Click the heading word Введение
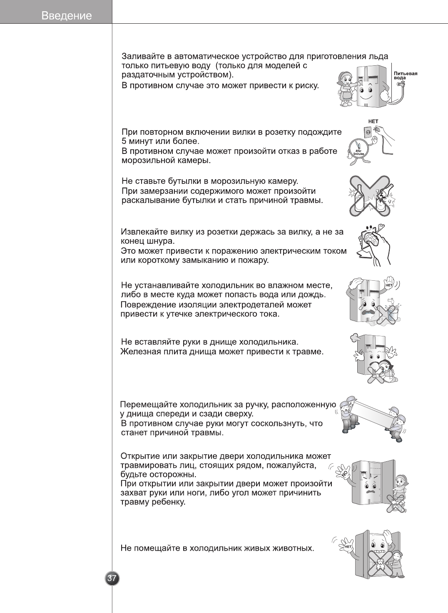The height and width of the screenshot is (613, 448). click(67, 16)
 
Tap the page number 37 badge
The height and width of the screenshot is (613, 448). click(112, 578)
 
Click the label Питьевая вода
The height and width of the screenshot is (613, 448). click(405, 76)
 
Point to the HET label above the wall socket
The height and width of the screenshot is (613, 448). click(373, 121)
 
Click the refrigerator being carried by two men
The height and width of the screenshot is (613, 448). click(371, 413)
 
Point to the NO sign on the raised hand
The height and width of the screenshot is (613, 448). click(345, 472)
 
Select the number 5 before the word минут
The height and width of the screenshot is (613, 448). click(124, 141)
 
